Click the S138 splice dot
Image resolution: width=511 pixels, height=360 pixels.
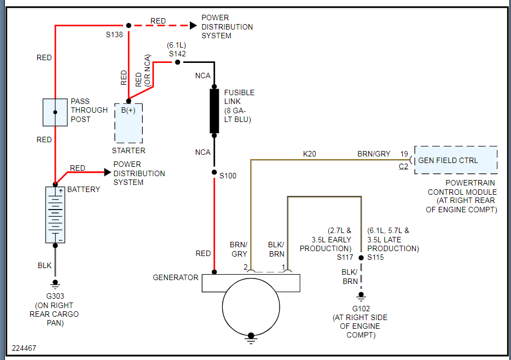point(129,25)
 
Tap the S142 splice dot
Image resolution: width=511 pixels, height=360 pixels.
point(177,62)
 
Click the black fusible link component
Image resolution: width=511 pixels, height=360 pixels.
point(214,111)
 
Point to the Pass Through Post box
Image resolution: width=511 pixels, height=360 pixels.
point(55,112)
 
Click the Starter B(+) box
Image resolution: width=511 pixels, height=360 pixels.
point(129,123)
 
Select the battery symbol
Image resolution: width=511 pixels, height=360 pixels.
point(55,214)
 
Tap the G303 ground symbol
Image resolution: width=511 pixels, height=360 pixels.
point(55,284)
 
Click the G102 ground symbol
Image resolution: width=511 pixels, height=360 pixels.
point(361,297)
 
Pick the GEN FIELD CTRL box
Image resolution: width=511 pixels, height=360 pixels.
point(456,160)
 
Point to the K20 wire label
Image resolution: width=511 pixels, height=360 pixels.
point(310,154)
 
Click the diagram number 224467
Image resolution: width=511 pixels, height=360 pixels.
point(24,348)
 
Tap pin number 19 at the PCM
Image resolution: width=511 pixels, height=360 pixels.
point(404,154)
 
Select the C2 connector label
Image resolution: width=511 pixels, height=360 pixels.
point(403,167)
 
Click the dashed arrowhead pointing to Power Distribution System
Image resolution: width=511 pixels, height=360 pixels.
point(193,25)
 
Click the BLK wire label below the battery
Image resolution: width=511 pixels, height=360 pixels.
point(44,265)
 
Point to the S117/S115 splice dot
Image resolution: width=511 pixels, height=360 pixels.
point(361,257)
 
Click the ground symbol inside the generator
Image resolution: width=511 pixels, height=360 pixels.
point(251,337)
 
